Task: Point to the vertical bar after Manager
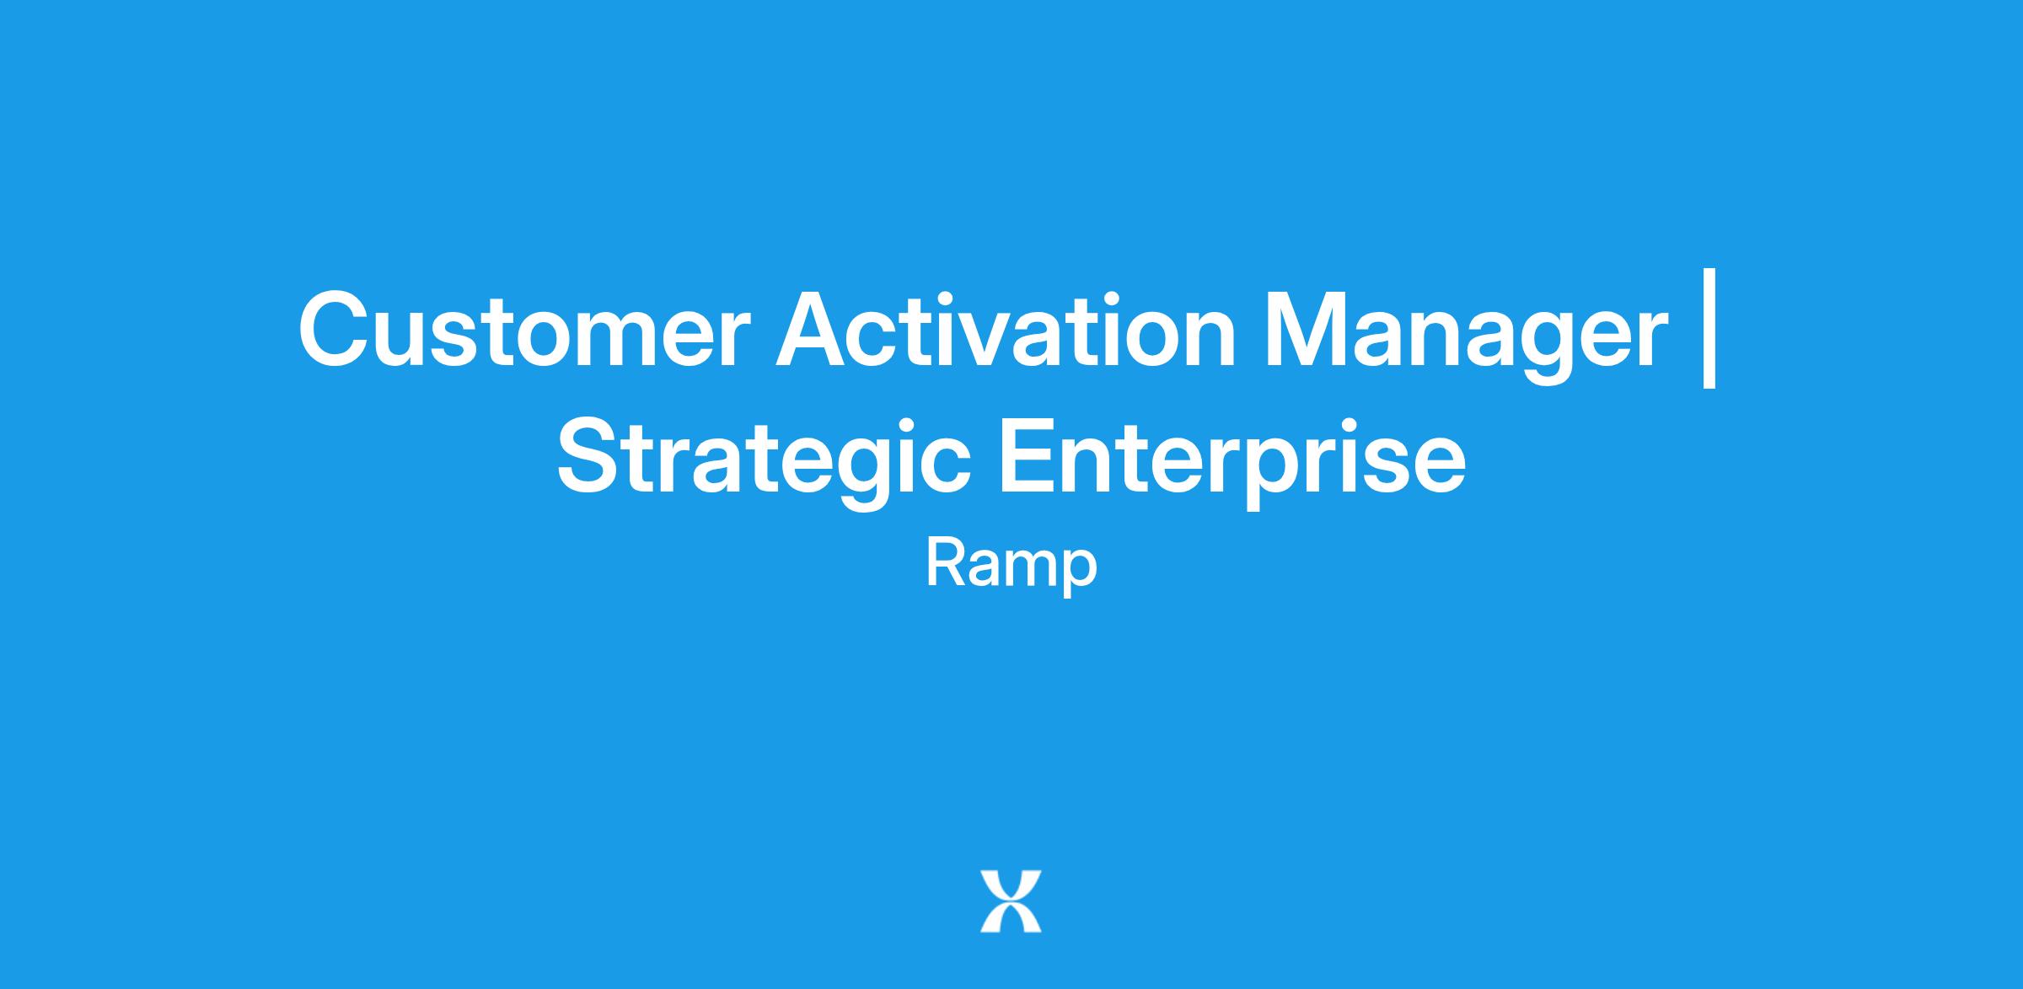coord(1709,329)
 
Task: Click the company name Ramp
coord(1011,566)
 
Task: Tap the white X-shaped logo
coord(1011,901)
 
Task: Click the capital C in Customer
coord(335,330)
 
